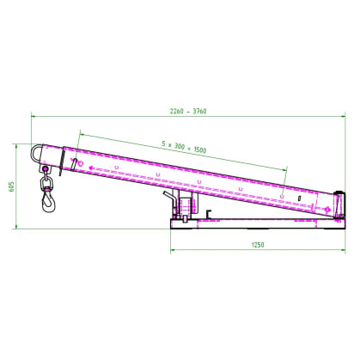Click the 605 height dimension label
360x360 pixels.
[12, 186]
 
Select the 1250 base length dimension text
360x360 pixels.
[258, 245]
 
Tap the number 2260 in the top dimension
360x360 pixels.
[176, 111]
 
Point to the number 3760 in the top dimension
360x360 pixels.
[199, 111]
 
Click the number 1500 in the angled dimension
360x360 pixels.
[200, 149]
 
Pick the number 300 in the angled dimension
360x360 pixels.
[180, 146]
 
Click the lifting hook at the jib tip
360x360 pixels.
[49, 201]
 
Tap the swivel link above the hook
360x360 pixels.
[46, 182]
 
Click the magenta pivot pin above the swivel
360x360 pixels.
[45, 168]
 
